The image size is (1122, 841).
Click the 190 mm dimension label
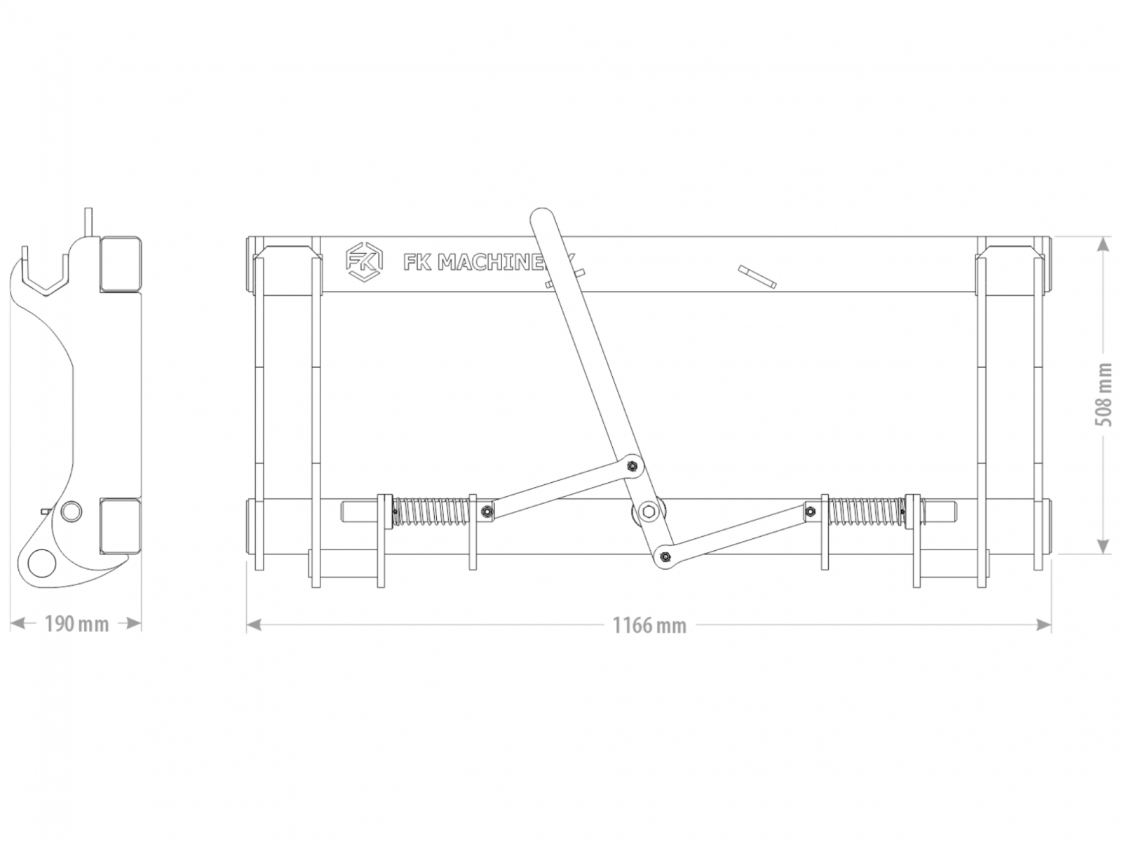click(76, 624)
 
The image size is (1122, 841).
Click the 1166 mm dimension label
click(649, 625)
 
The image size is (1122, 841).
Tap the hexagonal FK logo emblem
click(364, 261)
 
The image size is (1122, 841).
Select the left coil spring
click(431, 511)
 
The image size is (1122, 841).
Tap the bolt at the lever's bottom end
click(665, 556)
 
